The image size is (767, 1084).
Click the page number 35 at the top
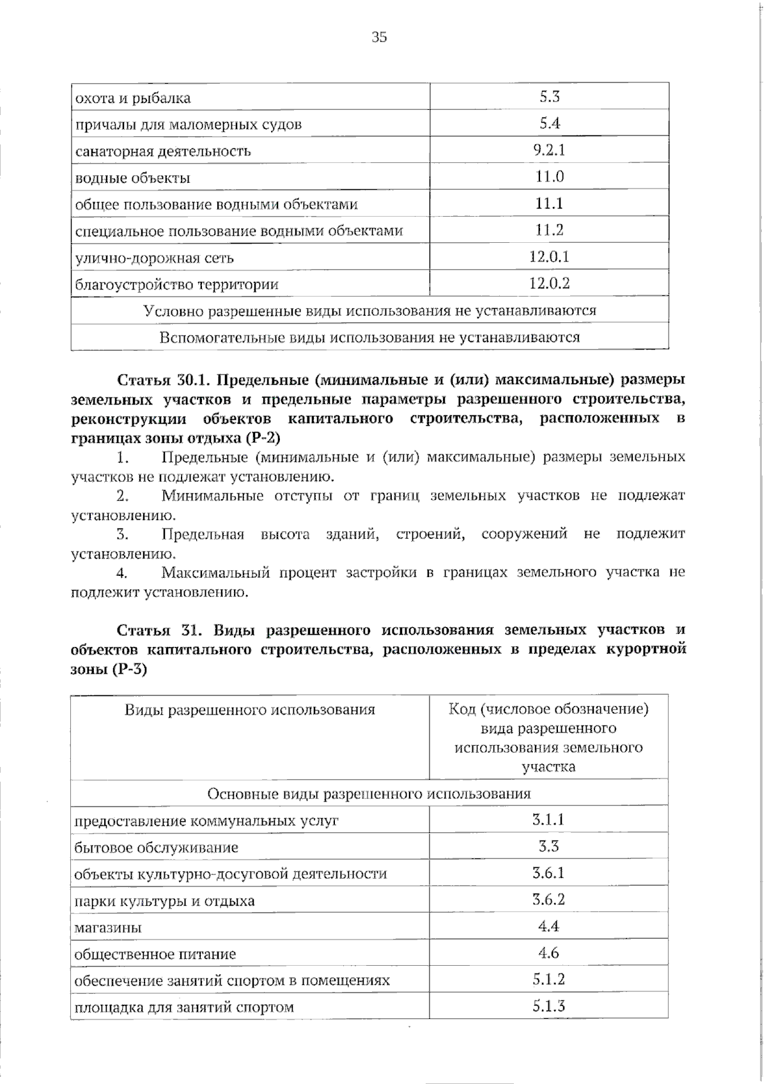tap(379, 37)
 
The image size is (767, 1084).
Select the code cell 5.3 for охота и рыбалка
tap(549, 97)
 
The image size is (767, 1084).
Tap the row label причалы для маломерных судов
tap(189, 124)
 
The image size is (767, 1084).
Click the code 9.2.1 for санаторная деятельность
tap(549, 150)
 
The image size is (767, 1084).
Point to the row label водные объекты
tap(133, 178)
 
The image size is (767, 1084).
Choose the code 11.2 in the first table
tap(549, 230)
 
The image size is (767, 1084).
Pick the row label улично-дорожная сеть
tap(155, 258)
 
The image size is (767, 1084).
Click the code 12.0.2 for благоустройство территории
tap(549, 283)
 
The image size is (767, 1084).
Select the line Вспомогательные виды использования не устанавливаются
tap(369, 337)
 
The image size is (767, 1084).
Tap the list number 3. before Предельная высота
tap(123, 534)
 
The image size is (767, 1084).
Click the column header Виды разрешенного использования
tap(250, 709)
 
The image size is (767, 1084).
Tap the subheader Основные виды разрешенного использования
tap(369, 793)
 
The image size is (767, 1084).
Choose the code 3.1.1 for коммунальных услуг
tap(548, 820)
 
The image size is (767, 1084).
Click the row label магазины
tap(108, 927)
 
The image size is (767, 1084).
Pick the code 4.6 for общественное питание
tap(548, 953)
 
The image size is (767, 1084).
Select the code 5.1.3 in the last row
tap(548, 1006)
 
